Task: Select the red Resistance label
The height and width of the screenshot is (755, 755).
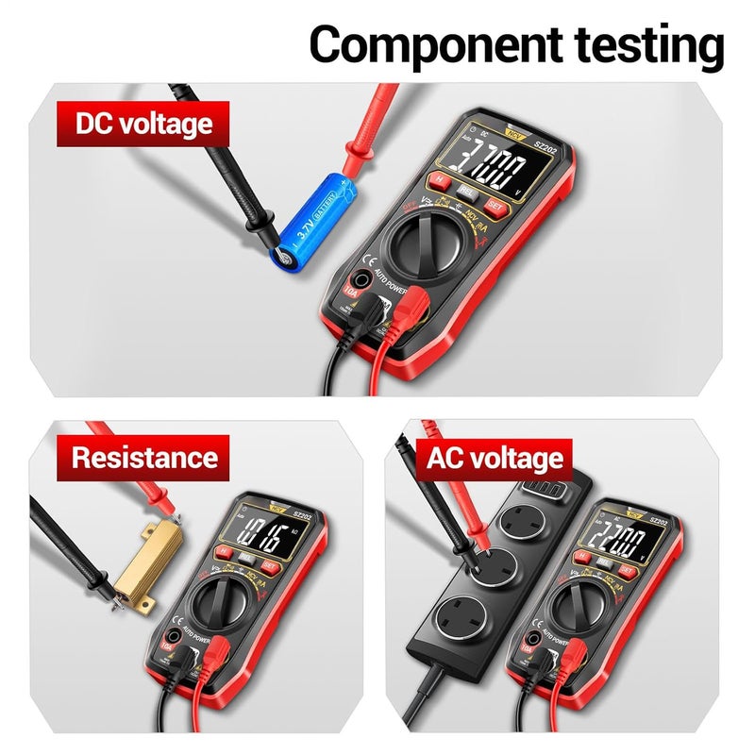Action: (144, 458)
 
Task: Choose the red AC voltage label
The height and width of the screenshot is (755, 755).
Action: (494, 460)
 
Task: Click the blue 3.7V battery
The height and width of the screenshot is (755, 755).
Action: (310, 218)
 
